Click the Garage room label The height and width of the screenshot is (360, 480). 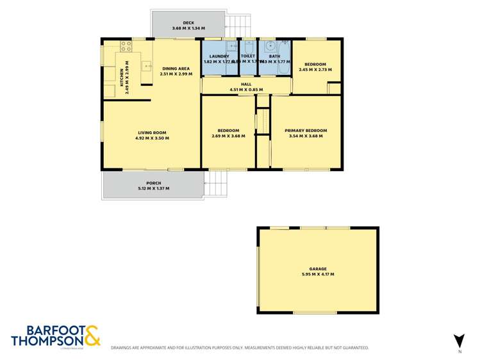click(317, 269)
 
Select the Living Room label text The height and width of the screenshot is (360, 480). click(152, 133)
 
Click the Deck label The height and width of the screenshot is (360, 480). click(188, 23)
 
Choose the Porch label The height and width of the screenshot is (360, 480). click(153, 183)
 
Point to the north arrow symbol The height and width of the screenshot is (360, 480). click(458, 341)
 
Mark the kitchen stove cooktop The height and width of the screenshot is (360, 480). click(126, 46)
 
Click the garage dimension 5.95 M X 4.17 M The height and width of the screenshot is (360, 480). click(317, 274)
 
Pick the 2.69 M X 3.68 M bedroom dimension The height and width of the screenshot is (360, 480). click(228, 136)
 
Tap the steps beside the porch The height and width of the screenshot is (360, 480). click(217, 185)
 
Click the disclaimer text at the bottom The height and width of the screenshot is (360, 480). click(240, 348)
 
